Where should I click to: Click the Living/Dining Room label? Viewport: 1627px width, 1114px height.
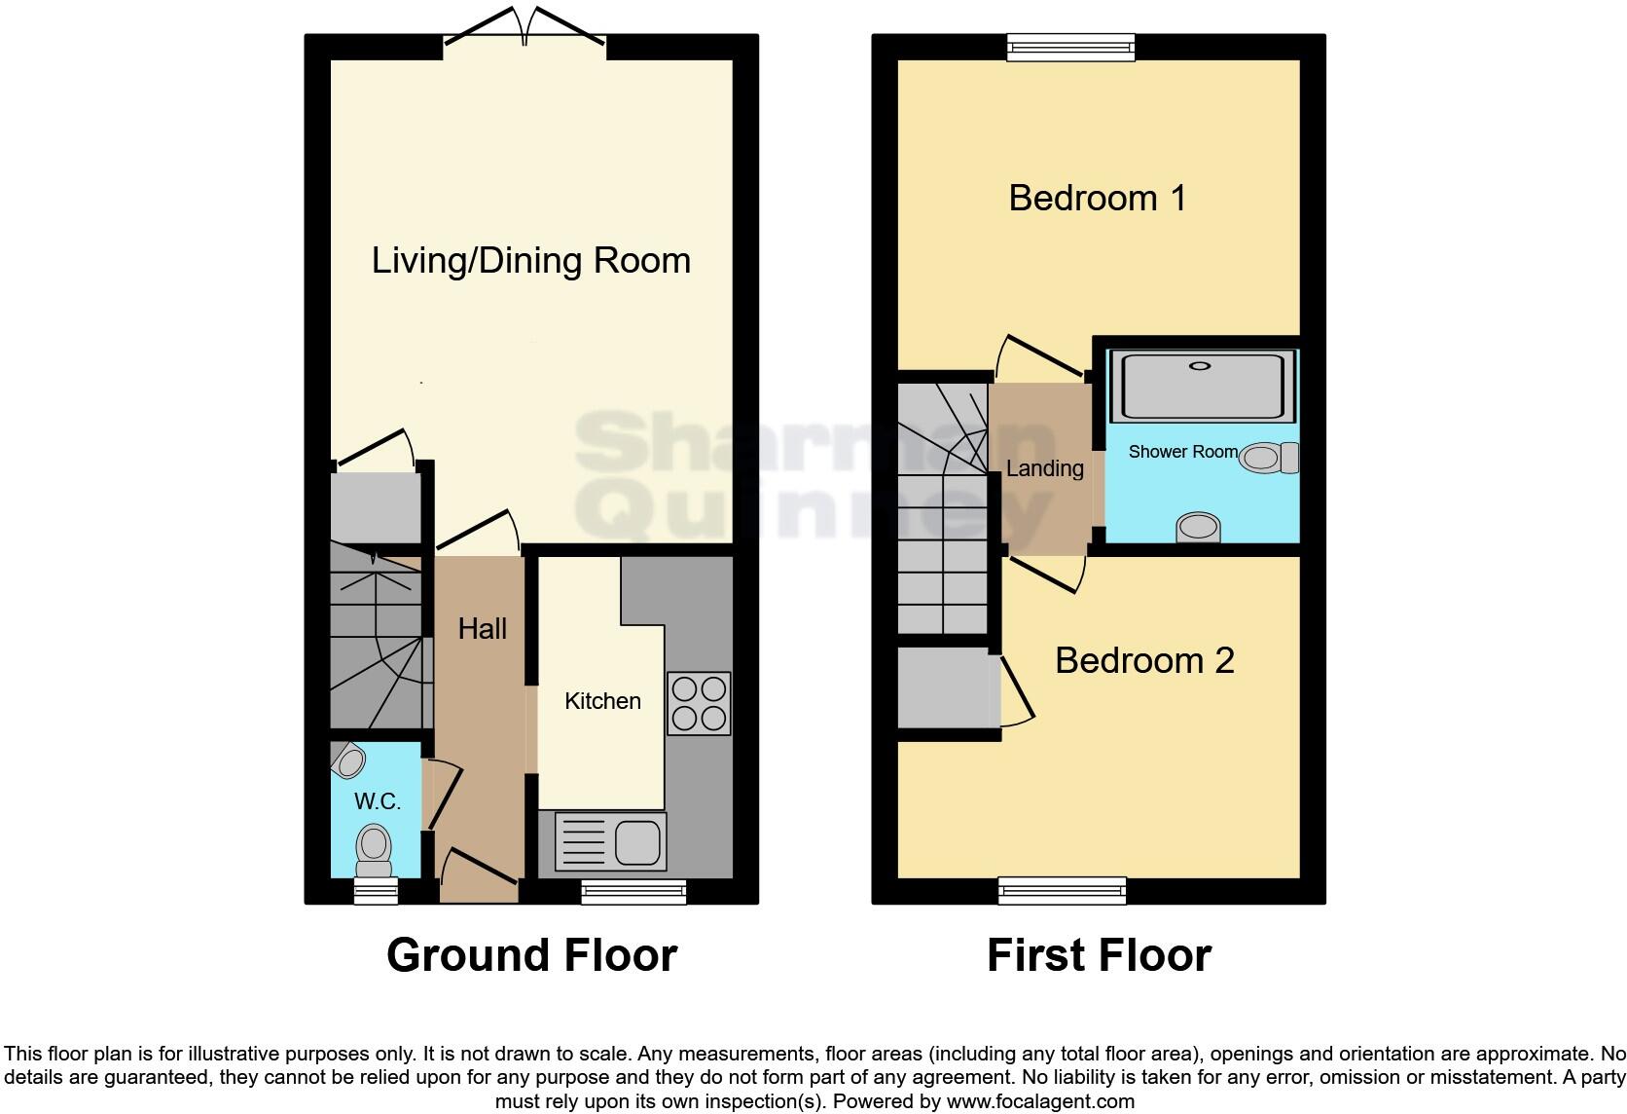(x=530, y=261)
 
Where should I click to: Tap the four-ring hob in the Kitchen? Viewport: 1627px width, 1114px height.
(x=699, y=703)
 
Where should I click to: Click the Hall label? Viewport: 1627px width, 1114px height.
(x=483, y=629)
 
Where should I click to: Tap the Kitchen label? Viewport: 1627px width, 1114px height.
(x=602, y=701)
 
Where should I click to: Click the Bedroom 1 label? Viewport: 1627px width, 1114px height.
(x=1097, y=199)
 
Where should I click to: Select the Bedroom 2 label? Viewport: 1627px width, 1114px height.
(x=1144, y=661)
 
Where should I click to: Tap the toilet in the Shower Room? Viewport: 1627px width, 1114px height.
(x=1269, y=458)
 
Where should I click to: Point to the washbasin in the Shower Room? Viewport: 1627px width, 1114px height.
(x=1199, y=528)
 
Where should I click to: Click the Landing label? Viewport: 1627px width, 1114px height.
(x=1044, y=468)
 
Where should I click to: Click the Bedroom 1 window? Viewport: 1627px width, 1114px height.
(x=1070, y=47)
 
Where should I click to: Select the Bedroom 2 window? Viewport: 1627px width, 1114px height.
(x=1063, y=890)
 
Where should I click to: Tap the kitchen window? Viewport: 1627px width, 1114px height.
(x=633, y=891)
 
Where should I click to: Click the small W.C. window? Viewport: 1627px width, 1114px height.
(x=376, y=891)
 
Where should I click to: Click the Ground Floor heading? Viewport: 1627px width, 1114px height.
(x=531, y=955)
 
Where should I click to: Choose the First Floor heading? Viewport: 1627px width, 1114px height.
(x=1099, y=955)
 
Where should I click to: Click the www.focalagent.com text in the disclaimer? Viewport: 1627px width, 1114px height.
(x=1039, y=1102)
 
